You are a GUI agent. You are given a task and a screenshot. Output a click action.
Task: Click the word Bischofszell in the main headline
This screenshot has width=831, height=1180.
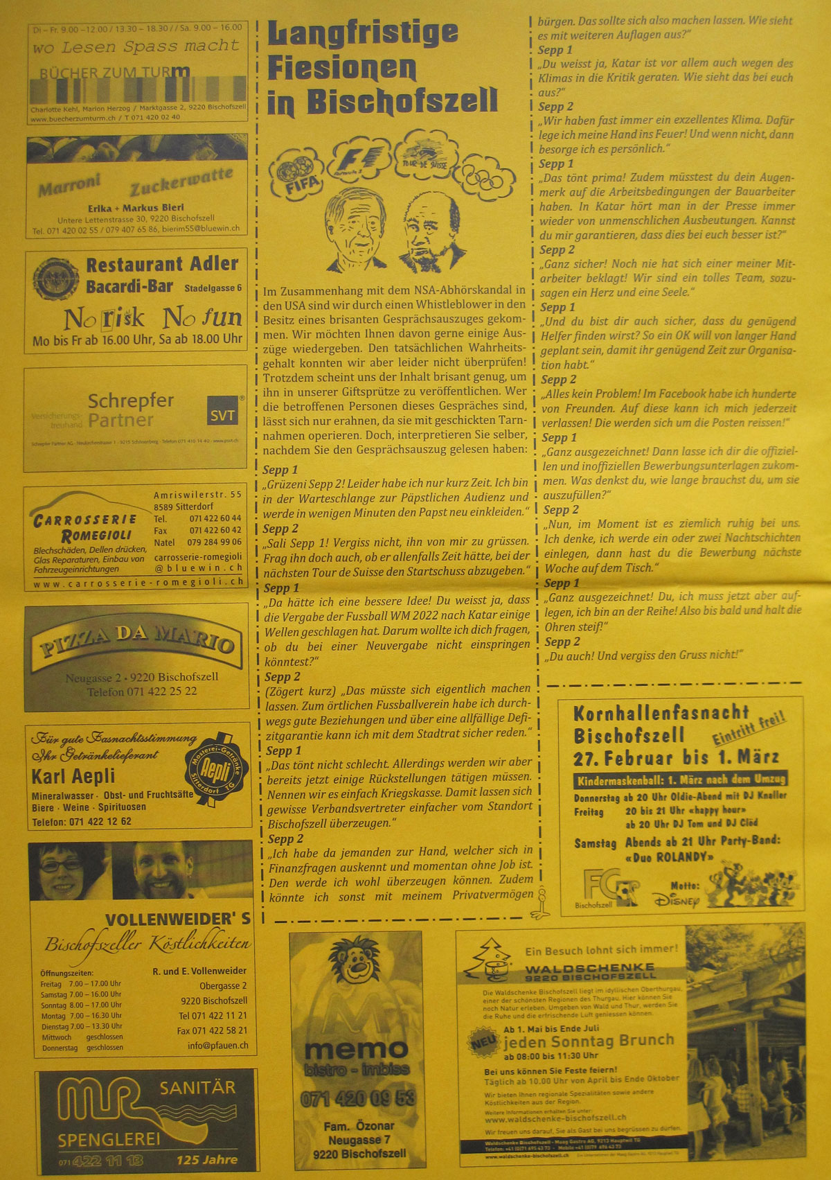(x=402, y=101)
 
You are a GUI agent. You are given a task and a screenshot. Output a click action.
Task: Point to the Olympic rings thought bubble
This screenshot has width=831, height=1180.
(x=488, y=176)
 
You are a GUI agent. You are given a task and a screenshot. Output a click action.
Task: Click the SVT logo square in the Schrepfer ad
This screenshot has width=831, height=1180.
(x=222, y=415)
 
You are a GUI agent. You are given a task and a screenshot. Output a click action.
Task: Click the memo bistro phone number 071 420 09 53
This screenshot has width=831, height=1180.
(x=357, y=1098)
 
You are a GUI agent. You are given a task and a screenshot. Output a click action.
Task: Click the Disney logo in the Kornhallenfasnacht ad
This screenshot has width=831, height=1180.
(x=677, y=899)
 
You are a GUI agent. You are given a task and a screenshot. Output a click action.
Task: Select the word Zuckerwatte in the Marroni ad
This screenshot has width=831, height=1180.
(x=181, y=182)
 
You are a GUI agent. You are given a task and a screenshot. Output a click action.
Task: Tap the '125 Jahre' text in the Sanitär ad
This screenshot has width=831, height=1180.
(x=206, y=1159)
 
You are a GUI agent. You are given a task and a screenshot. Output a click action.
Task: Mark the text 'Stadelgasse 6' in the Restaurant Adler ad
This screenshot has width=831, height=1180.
(x=213, y=288)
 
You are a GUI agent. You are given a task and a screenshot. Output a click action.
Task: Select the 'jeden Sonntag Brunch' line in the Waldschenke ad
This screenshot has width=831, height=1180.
(x=589, y=1041)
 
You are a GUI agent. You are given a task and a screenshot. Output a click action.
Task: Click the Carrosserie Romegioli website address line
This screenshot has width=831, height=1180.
(x=138, y=583)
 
